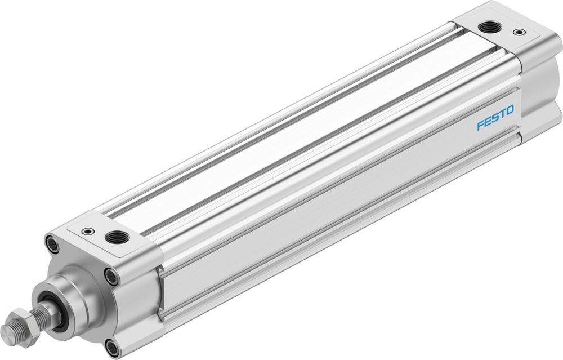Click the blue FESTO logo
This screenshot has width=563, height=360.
pos(495,117)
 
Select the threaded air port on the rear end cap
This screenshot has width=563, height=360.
pos(486,26)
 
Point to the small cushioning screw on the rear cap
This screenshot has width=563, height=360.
pos(517,32)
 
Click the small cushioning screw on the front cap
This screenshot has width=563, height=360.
pos(87,231)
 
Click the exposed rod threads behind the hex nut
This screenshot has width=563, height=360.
pos(42,312)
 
